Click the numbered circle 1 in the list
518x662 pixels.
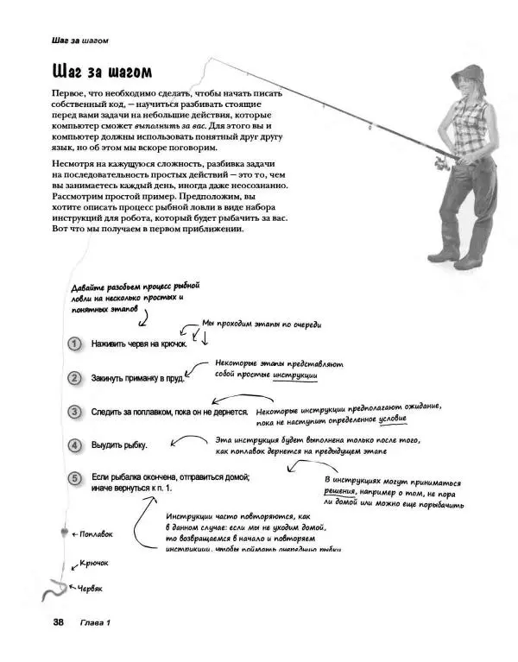click(x=75, y=343)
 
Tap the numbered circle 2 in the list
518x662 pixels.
click(x=75, y=377)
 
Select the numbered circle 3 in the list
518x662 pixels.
click(x=75, y=412)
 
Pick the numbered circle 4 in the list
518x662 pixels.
click(x=75, y=444)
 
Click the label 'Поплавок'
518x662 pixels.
click(x=92, y=534)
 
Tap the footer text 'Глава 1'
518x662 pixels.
click(x=96, y=622)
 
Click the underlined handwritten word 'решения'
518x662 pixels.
click(x=340, y=493)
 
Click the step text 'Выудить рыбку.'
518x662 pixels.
click(x=119, y=445)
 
